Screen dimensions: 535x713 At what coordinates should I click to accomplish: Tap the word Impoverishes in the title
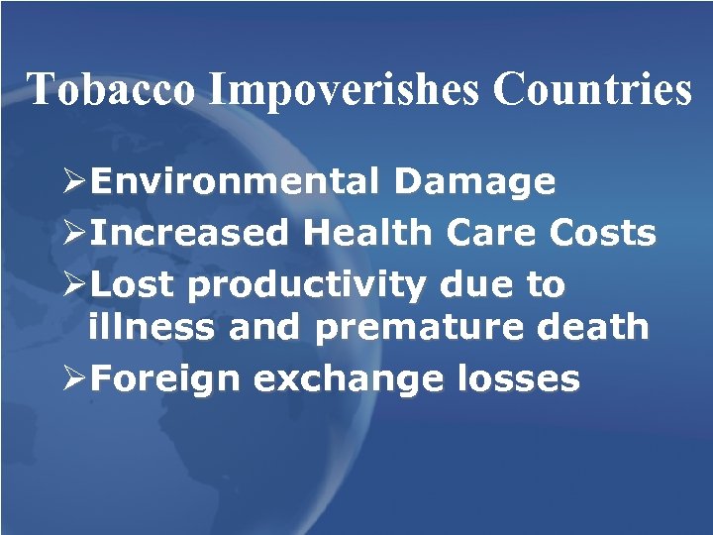click(x=346, y=90)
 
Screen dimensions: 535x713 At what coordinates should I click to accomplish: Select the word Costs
click(x=601, y=234)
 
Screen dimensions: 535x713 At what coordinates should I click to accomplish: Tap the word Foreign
click(x=165, y=379)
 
